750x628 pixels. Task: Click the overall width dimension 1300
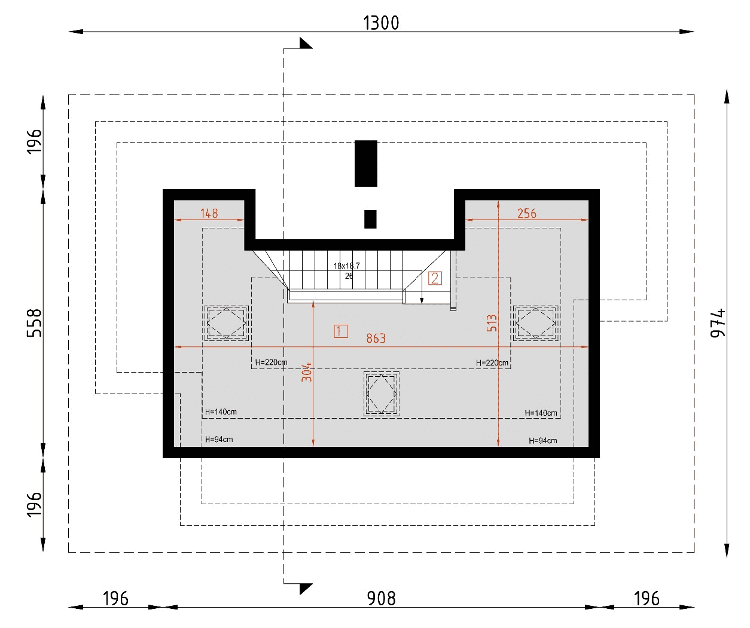click(x=381, y=23)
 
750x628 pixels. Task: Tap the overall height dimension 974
click(x=718, y=323)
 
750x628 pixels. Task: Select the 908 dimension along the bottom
click(x=381, y=599)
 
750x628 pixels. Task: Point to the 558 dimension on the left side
click(x=35, y=323)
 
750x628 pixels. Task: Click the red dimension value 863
click(x=376, y=339)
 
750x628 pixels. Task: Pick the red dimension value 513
click(x=492, y=323)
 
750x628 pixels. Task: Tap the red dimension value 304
click(x=306, y=372)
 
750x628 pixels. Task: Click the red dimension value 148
click(x=209, y=214)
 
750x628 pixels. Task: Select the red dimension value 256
click(x=526, y=214)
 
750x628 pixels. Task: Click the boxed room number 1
click(x=341, y=331)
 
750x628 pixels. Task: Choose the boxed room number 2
click(x=435, y=279)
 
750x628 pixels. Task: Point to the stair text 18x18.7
click(x=347, y=266)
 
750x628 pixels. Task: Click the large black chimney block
click(x=366, y=163)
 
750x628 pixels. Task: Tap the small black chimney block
click(x=370, y=219)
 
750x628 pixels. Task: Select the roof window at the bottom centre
click(x=382, y=394)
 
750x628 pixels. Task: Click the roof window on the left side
click(x=226, y=323)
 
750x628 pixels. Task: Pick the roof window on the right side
click(x=535, y=323)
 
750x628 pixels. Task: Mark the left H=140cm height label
click(x=221, y=412)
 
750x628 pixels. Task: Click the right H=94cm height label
click(x=542, y=441)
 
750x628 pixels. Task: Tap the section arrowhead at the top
click(x=305, y=43)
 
